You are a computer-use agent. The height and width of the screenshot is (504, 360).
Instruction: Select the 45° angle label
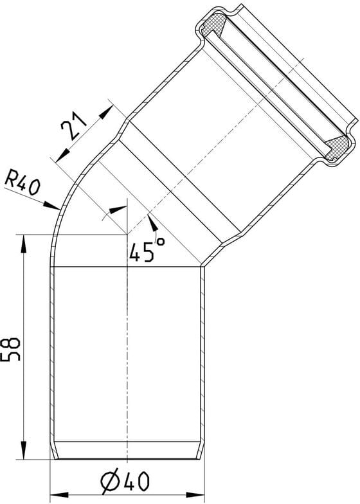(x=147, y=249)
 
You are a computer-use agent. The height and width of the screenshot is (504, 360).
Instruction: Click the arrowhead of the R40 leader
(x=51, y=206)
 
